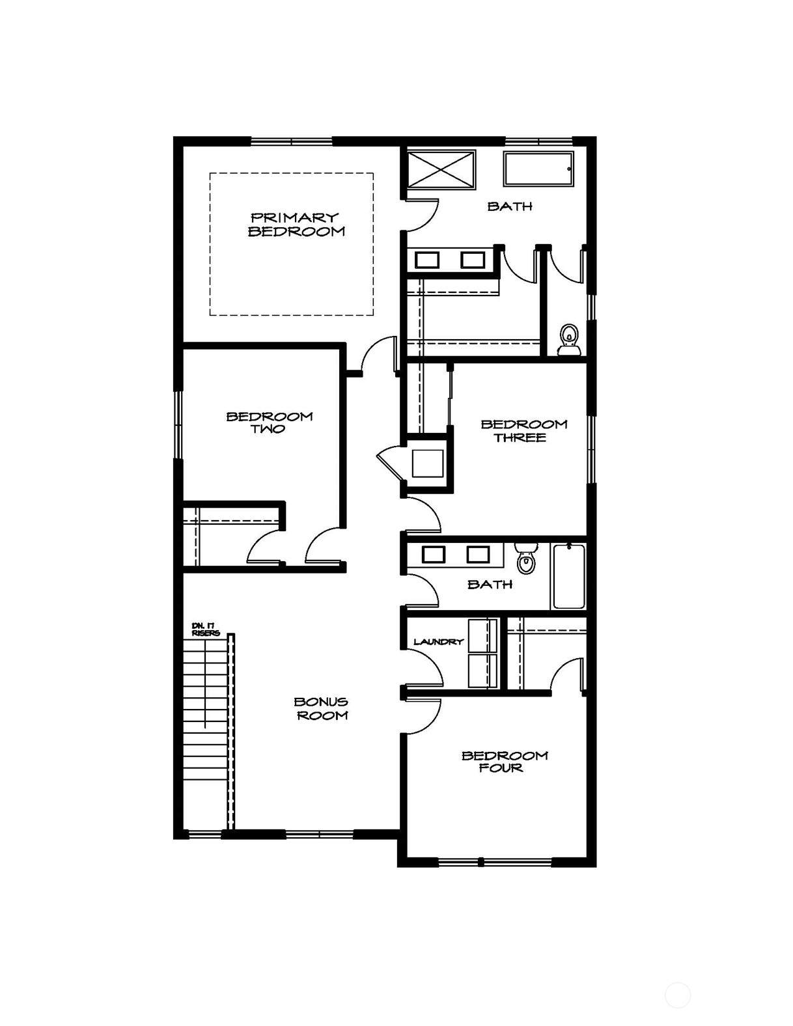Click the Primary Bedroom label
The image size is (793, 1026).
pos(297,225)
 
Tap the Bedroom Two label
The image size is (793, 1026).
pos(270,423)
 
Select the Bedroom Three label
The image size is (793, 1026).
pos(524,430)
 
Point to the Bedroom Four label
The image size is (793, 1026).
pos(505,762)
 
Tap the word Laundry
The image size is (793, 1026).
pos(439,642)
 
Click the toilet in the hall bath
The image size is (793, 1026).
pos(525,558)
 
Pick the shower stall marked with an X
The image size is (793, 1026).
pos(441,170)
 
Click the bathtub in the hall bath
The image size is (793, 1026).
pos(569,577)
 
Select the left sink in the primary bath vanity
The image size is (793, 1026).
pos(427,260)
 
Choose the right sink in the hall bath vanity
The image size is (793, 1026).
pos(478,554)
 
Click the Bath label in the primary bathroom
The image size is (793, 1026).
pos(510,206)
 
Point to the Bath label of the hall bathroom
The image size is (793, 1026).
pos(490,585)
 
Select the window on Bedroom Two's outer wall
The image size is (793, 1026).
pos(178,424)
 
